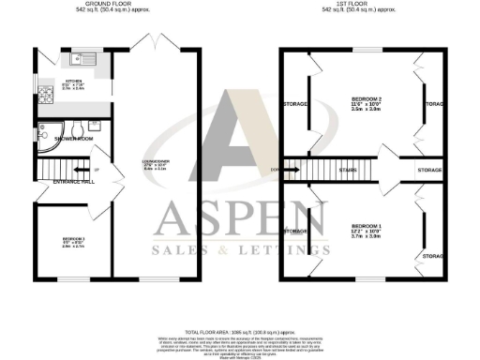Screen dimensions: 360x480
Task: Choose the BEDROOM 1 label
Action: tap(367, 226)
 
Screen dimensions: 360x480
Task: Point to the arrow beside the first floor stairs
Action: tap(290, 170)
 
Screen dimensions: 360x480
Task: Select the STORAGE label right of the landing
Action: tap(429, 170)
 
